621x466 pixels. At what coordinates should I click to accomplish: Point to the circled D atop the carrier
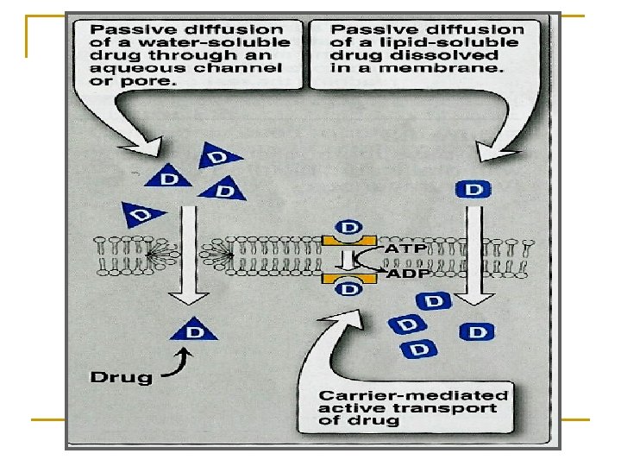coord(349,227)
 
